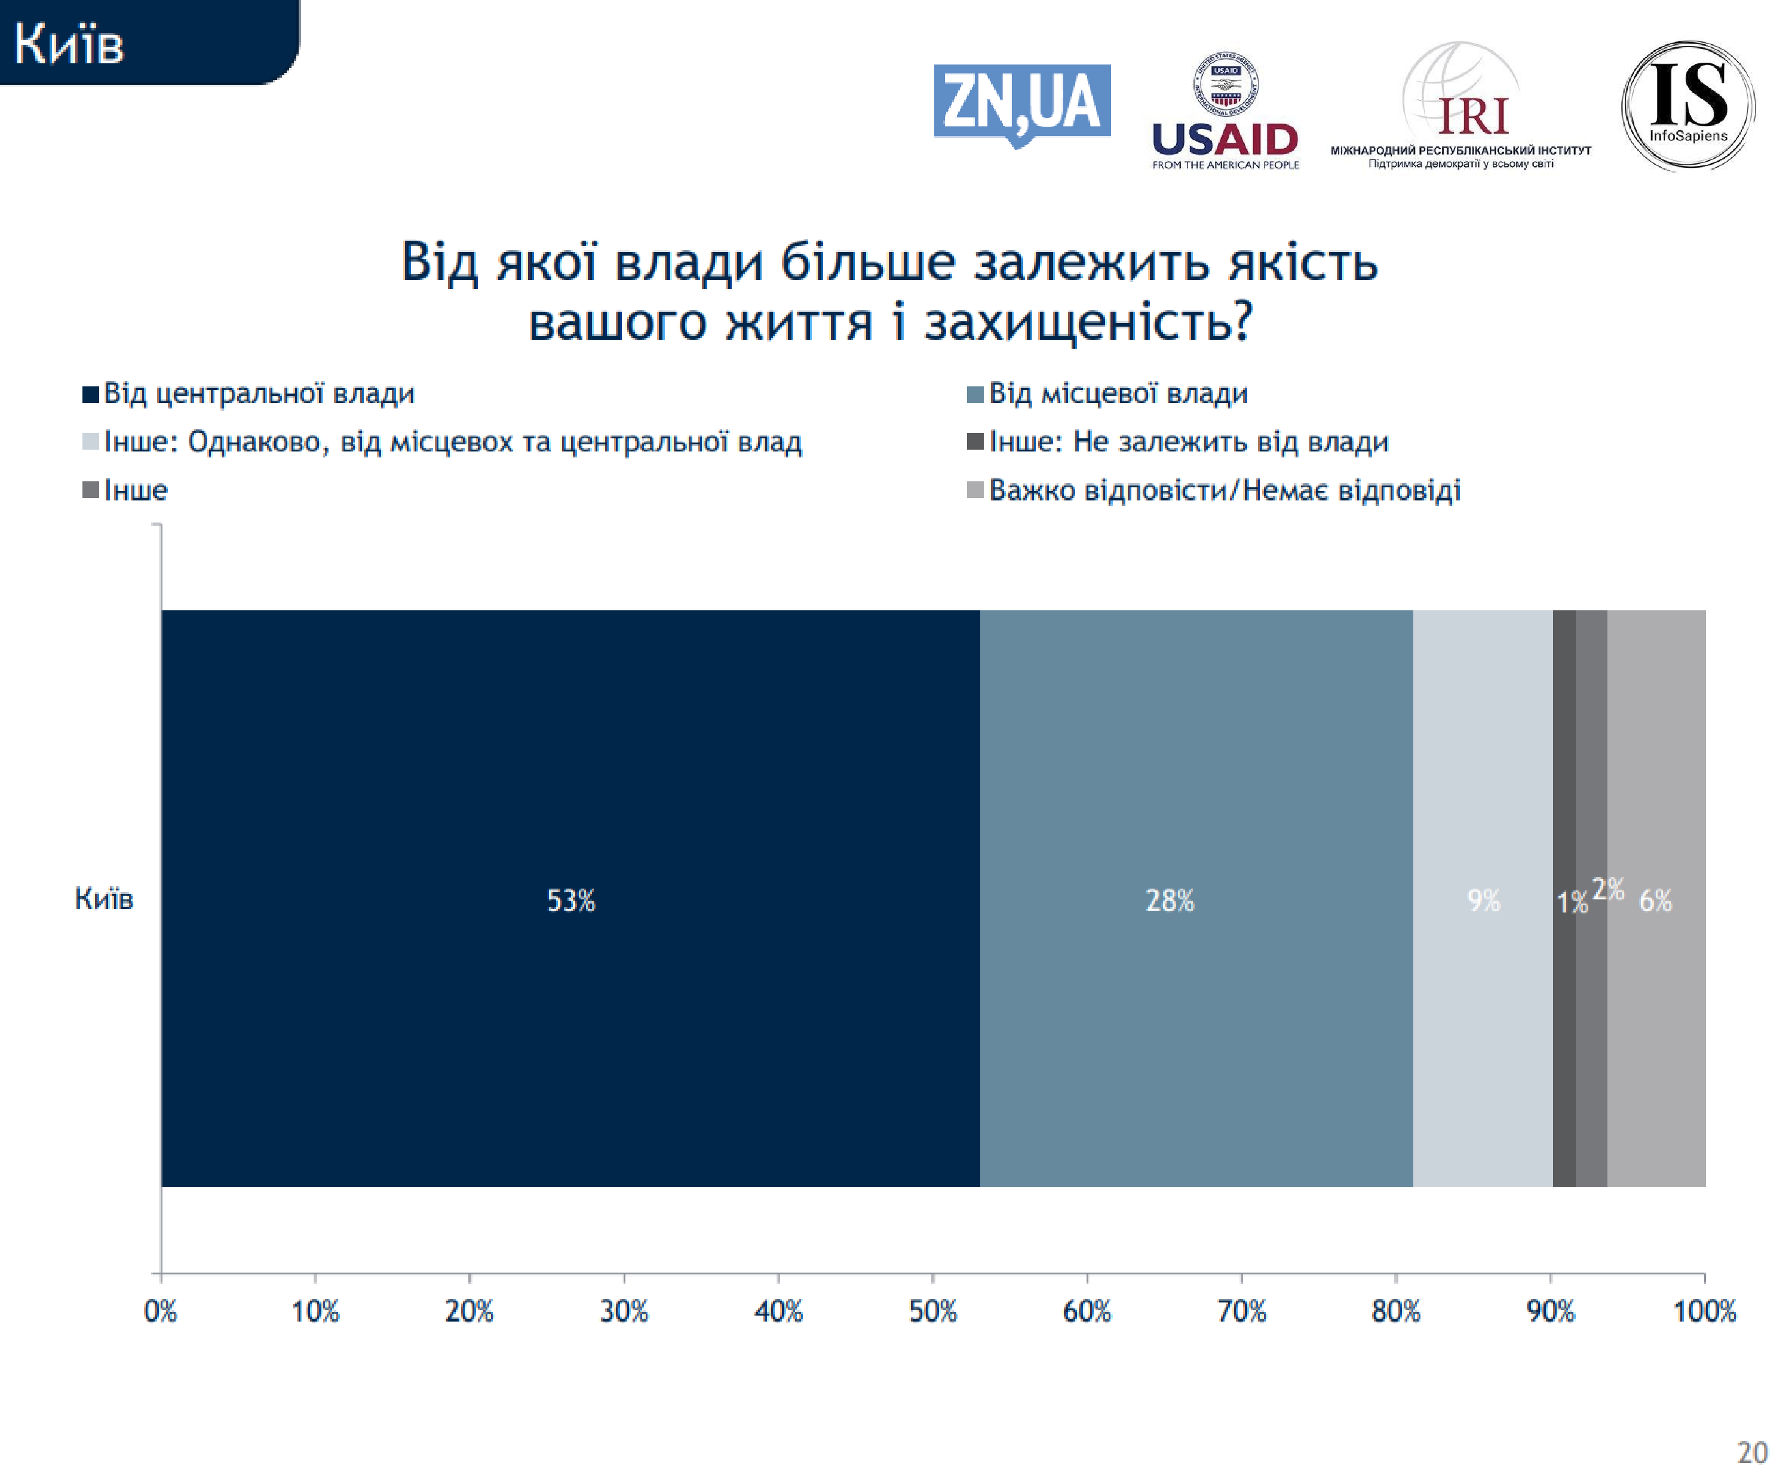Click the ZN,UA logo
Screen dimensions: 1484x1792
click(1021, 104)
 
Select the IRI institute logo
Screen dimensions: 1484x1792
click(1461, 107)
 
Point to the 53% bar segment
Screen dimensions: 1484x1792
click(570, 899)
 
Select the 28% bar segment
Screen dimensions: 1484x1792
click(1195, 899)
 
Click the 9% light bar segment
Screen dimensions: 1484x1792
click(1482, 899)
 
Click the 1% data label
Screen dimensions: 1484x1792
click(1571, 902)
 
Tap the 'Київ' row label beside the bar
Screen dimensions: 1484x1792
click(104, 899)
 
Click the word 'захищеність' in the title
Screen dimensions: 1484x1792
click(1088, 322)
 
